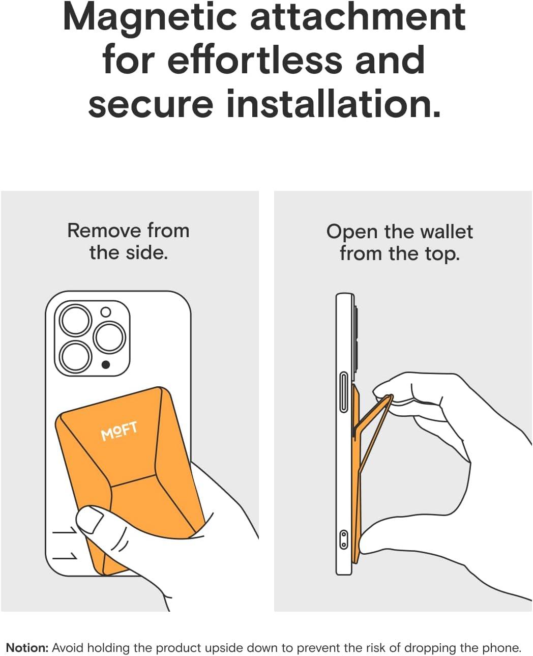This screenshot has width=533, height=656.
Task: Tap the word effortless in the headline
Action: pos(255,60)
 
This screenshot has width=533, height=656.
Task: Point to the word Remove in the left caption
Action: pos(104,231)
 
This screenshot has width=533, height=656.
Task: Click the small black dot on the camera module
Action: pos(106,365)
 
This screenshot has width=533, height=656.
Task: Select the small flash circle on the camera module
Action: pos(106,311)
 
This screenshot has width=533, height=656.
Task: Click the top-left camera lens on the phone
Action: pos(75,320)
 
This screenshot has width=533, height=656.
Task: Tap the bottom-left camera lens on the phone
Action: pos(75,357)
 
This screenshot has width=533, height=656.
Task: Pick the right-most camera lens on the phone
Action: pos(109,337)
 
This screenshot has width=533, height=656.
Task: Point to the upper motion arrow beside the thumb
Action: pos(65,530)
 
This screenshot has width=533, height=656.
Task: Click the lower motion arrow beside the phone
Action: pos(65,556)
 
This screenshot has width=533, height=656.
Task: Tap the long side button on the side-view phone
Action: pos(343,392)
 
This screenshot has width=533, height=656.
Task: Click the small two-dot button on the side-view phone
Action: pos(343,539)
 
